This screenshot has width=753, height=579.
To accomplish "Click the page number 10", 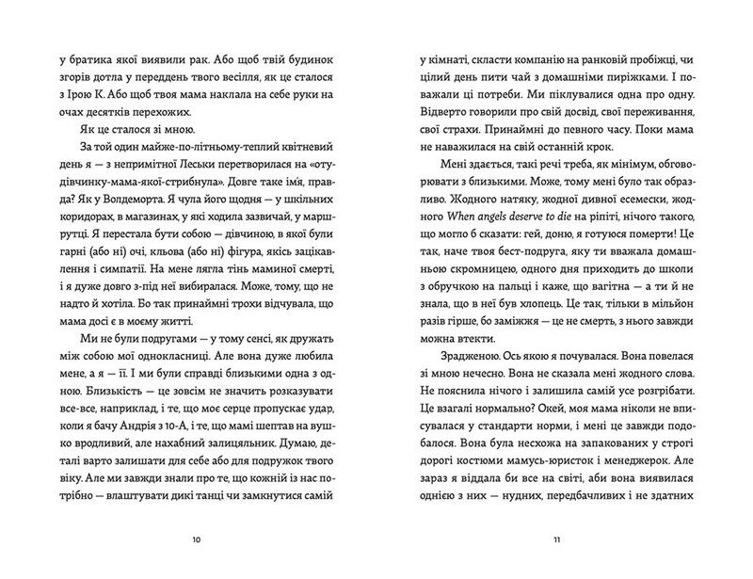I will click(x=195, y=540).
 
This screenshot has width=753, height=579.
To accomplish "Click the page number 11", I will click(x=556, y=540).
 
